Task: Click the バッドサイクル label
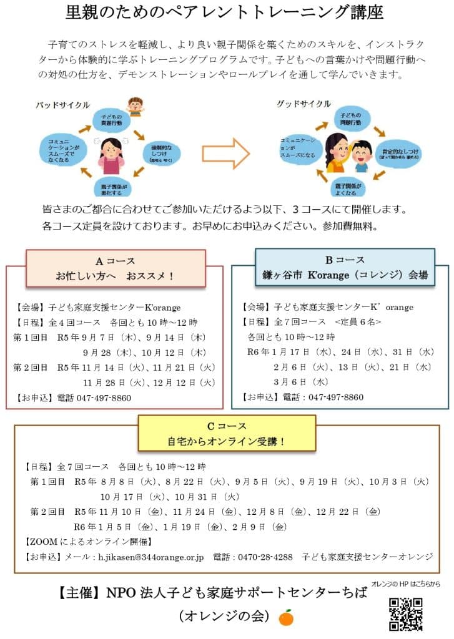coord(62,104)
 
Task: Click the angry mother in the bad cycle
coord(112,155)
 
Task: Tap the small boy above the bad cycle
coord(134,105)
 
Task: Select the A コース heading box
coord(116,268)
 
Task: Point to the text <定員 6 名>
coord(358,322)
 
